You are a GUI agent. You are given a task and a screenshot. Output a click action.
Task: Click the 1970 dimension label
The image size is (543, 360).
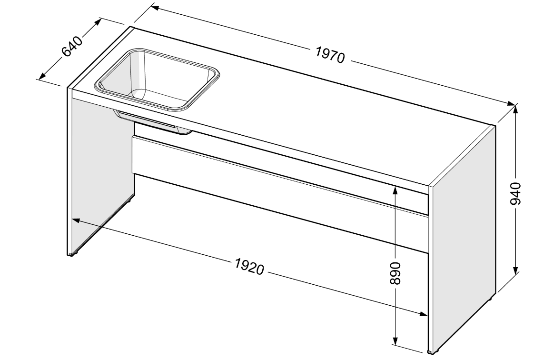[x=330, y=55]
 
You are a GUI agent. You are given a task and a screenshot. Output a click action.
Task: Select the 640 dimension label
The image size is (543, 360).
[x=72, y=46]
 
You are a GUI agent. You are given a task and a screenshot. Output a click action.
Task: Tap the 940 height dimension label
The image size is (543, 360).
[x=516, y=193]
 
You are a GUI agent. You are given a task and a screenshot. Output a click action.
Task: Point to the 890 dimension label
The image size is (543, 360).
[x=395, y=273]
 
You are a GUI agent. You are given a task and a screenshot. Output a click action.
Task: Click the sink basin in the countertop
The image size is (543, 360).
[x=157, y=80]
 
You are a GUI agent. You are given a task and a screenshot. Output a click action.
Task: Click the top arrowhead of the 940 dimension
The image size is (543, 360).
[x=516, y=110]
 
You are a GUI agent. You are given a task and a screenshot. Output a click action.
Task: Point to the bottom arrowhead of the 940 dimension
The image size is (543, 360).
[x=516, y=269]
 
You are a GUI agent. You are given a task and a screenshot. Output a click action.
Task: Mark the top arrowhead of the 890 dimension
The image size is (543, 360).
[x=395, y=190]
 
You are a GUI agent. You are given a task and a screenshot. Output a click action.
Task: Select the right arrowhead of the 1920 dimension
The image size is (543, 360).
[x=422, y=314]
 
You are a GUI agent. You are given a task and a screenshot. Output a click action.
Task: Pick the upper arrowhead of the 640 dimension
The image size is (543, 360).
[x=97, y=22]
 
